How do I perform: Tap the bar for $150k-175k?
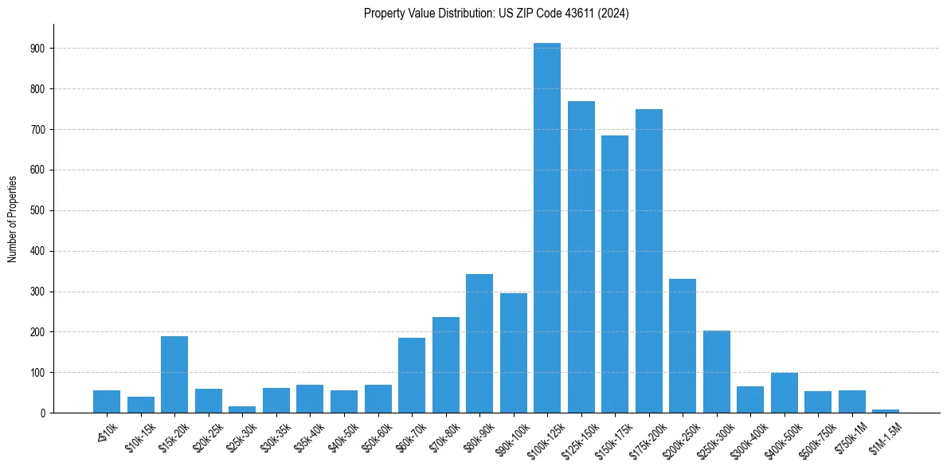[x=615, y=274]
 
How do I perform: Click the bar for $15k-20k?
[x=174, y=374]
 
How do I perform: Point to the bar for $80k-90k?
[x=479, y=343]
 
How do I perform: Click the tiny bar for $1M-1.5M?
[x=886, y=410]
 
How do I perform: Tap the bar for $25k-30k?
[x=242, y=409]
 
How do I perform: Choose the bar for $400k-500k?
[x=785, y=393]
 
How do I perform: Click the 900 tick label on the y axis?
[x=37, y=49]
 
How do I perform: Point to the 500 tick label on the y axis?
[x=37, y=210]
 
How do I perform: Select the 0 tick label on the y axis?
[x=42, y=413]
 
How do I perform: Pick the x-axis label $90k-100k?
[x=511, y=438]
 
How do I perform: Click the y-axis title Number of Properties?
[x=13, y=218]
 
